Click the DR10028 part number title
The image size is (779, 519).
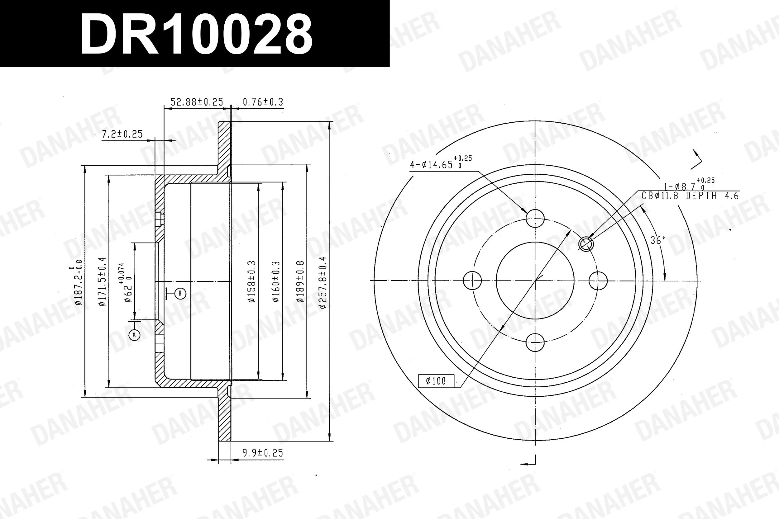pyautogui.click(x=196, y=34)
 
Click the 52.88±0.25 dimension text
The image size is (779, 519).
pyautogui.click(x=197, y=102)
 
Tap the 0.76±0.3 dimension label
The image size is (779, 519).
pyautogui.click(x=263, y=102)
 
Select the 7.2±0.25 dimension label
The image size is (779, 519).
pyautogui.click(x=122, y=134)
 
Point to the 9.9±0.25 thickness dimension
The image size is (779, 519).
pyautogui.click(x=263, y=453)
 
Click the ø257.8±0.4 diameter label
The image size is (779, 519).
pyautogui.click(x=323, y=282)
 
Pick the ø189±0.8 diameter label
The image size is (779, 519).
pyautogui.click(x=300, y=281)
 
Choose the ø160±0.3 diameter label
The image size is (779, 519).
pyautogui.click(x=276, y=281)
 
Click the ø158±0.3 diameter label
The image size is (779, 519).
pyautogui.click(x=252, y=281)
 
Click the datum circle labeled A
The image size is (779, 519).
pyautogui.click(x=134, y=335)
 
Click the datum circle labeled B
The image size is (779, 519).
pyautogui.click(x=180, y=293)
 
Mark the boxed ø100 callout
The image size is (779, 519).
pyautogui.click(x=436, y=381)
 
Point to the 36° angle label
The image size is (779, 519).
pyautogui.click(x=657, y=240)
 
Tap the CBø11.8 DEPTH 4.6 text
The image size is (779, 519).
pyautogui.click(x=690, y=196)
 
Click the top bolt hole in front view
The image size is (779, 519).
pyautogui.click(x=535, y=218)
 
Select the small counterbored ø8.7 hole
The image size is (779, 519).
pyautogui.click(x=586, y=244)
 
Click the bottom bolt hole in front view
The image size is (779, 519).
pyautogui.click(x=535, y=342)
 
